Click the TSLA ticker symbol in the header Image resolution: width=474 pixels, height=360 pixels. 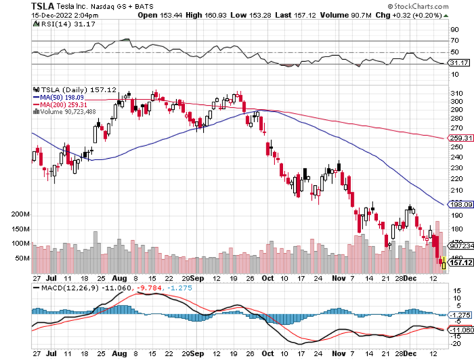click(43, 5)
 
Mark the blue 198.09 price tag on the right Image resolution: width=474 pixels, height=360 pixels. click(459, 205)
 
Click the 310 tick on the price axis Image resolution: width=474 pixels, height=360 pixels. click(456, 93)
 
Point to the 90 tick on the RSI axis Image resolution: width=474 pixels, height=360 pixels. click(454, 30)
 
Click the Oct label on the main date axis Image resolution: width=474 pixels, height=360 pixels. click(268, 276)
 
